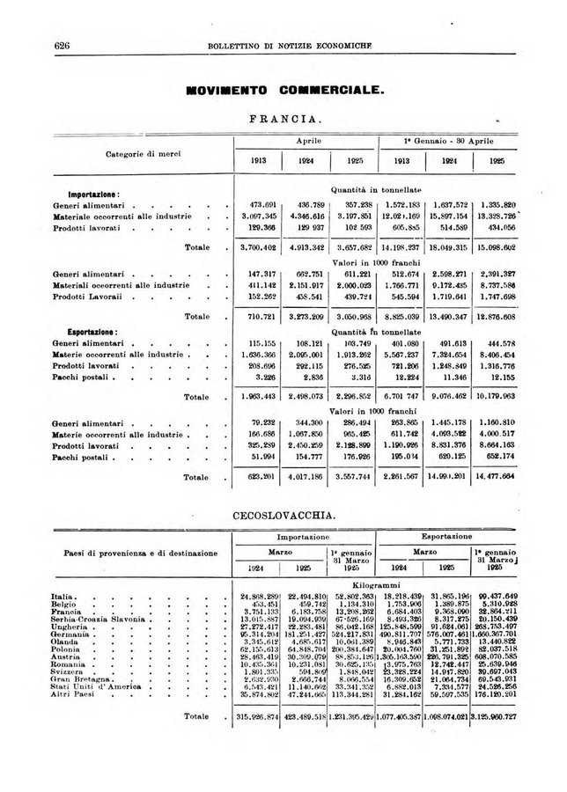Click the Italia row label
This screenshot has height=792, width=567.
66,598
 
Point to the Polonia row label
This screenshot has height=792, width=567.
70,652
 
